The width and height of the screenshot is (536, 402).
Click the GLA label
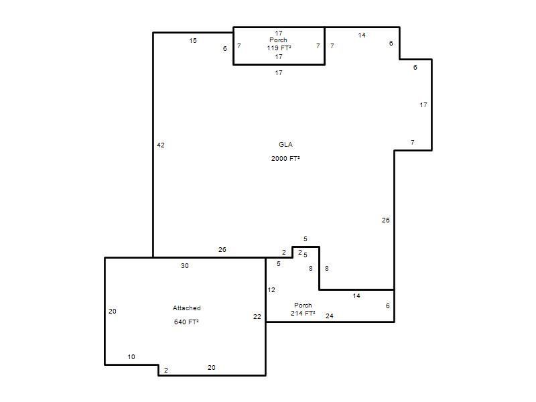[x=285, y=145]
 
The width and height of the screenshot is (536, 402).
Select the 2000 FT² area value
[x=285, y=159]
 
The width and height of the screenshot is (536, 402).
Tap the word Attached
[x=187, y=308]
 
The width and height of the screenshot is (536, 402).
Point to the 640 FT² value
[x=186, y=322]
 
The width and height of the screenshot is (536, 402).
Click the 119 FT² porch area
[x=279, y=48]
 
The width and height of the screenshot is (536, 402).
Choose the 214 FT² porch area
[x=303, y=314]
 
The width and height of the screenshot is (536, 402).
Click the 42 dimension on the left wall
[x=161, y=145]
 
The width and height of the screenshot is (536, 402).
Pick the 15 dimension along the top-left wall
[x=193, y=41]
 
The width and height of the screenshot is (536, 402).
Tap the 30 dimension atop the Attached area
[x=185, y=265]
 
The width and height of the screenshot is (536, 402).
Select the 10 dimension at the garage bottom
[x=131, y=357]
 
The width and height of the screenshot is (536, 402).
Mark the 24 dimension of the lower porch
[x=330, y=316]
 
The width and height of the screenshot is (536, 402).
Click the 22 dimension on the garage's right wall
[x=257, y=317]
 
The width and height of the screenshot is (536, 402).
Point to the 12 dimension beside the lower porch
[x=271, y=290]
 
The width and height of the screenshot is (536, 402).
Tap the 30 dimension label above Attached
[x=185, y=265]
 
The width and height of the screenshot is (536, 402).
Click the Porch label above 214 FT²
[x=303, y=306]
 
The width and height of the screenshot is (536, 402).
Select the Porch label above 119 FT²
[x=278, y=40]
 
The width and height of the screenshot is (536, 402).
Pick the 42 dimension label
[x=161, y=145]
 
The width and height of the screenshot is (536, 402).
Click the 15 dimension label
[x=193, y=41]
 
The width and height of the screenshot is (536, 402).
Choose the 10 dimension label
[x=131, y=357]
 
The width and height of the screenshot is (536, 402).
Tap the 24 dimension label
[x=330, y=316]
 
